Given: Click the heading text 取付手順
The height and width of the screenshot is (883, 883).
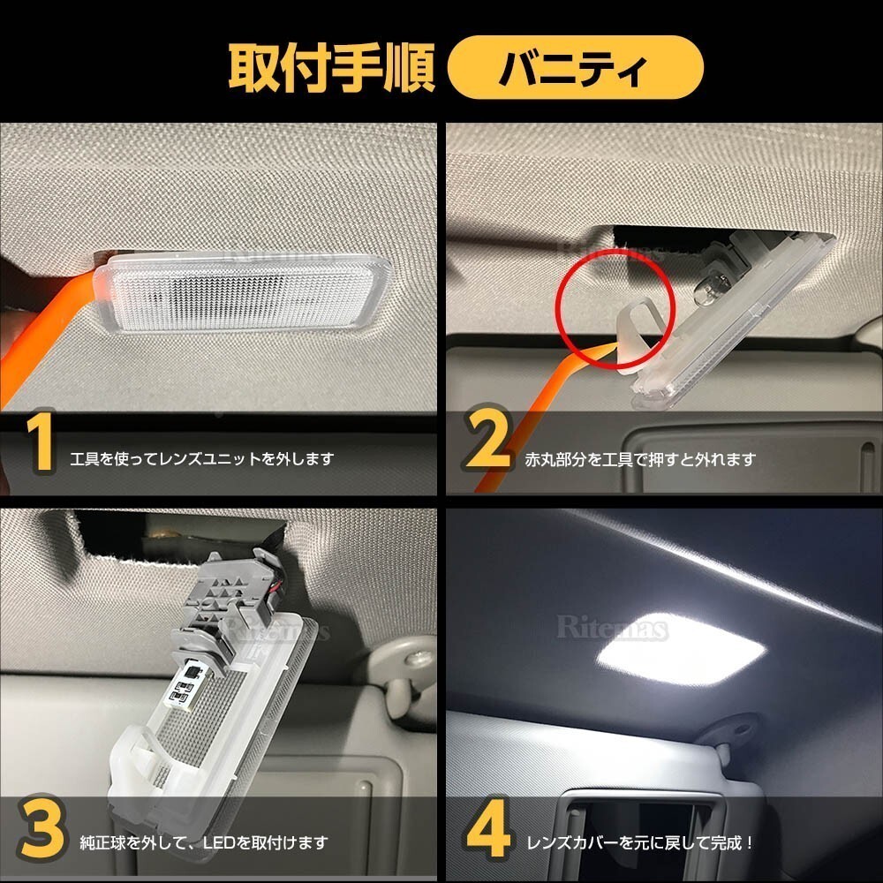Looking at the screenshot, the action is tap(332, 68).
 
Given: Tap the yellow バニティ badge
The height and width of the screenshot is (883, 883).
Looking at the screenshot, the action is tap(575, 68).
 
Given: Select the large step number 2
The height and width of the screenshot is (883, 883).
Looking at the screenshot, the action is tap(487, 438).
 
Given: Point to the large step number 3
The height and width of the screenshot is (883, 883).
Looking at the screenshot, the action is tap(42, 828).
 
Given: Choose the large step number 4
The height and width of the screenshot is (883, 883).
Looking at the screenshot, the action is tap(487, 827).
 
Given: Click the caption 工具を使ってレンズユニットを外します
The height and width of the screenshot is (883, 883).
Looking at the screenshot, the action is tap(202, 459).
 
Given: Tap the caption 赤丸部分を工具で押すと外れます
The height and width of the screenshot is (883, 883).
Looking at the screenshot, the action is tap(640, 459).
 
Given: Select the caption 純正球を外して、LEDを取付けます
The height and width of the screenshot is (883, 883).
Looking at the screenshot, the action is tap(204, 843).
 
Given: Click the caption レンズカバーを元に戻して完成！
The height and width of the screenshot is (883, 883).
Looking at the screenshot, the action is tap(640, 843).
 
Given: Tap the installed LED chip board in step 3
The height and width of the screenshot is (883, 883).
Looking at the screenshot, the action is tap(185, 684).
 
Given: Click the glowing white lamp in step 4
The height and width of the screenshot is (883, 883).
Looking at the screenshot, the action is tap(680, 649).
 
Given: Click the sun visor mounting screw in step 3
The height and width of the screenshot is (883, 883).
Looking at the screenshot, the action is tap(416, 659).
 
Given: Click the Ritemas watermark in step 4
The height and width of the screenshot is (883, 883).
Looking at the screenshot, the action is tap(612, 628).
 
